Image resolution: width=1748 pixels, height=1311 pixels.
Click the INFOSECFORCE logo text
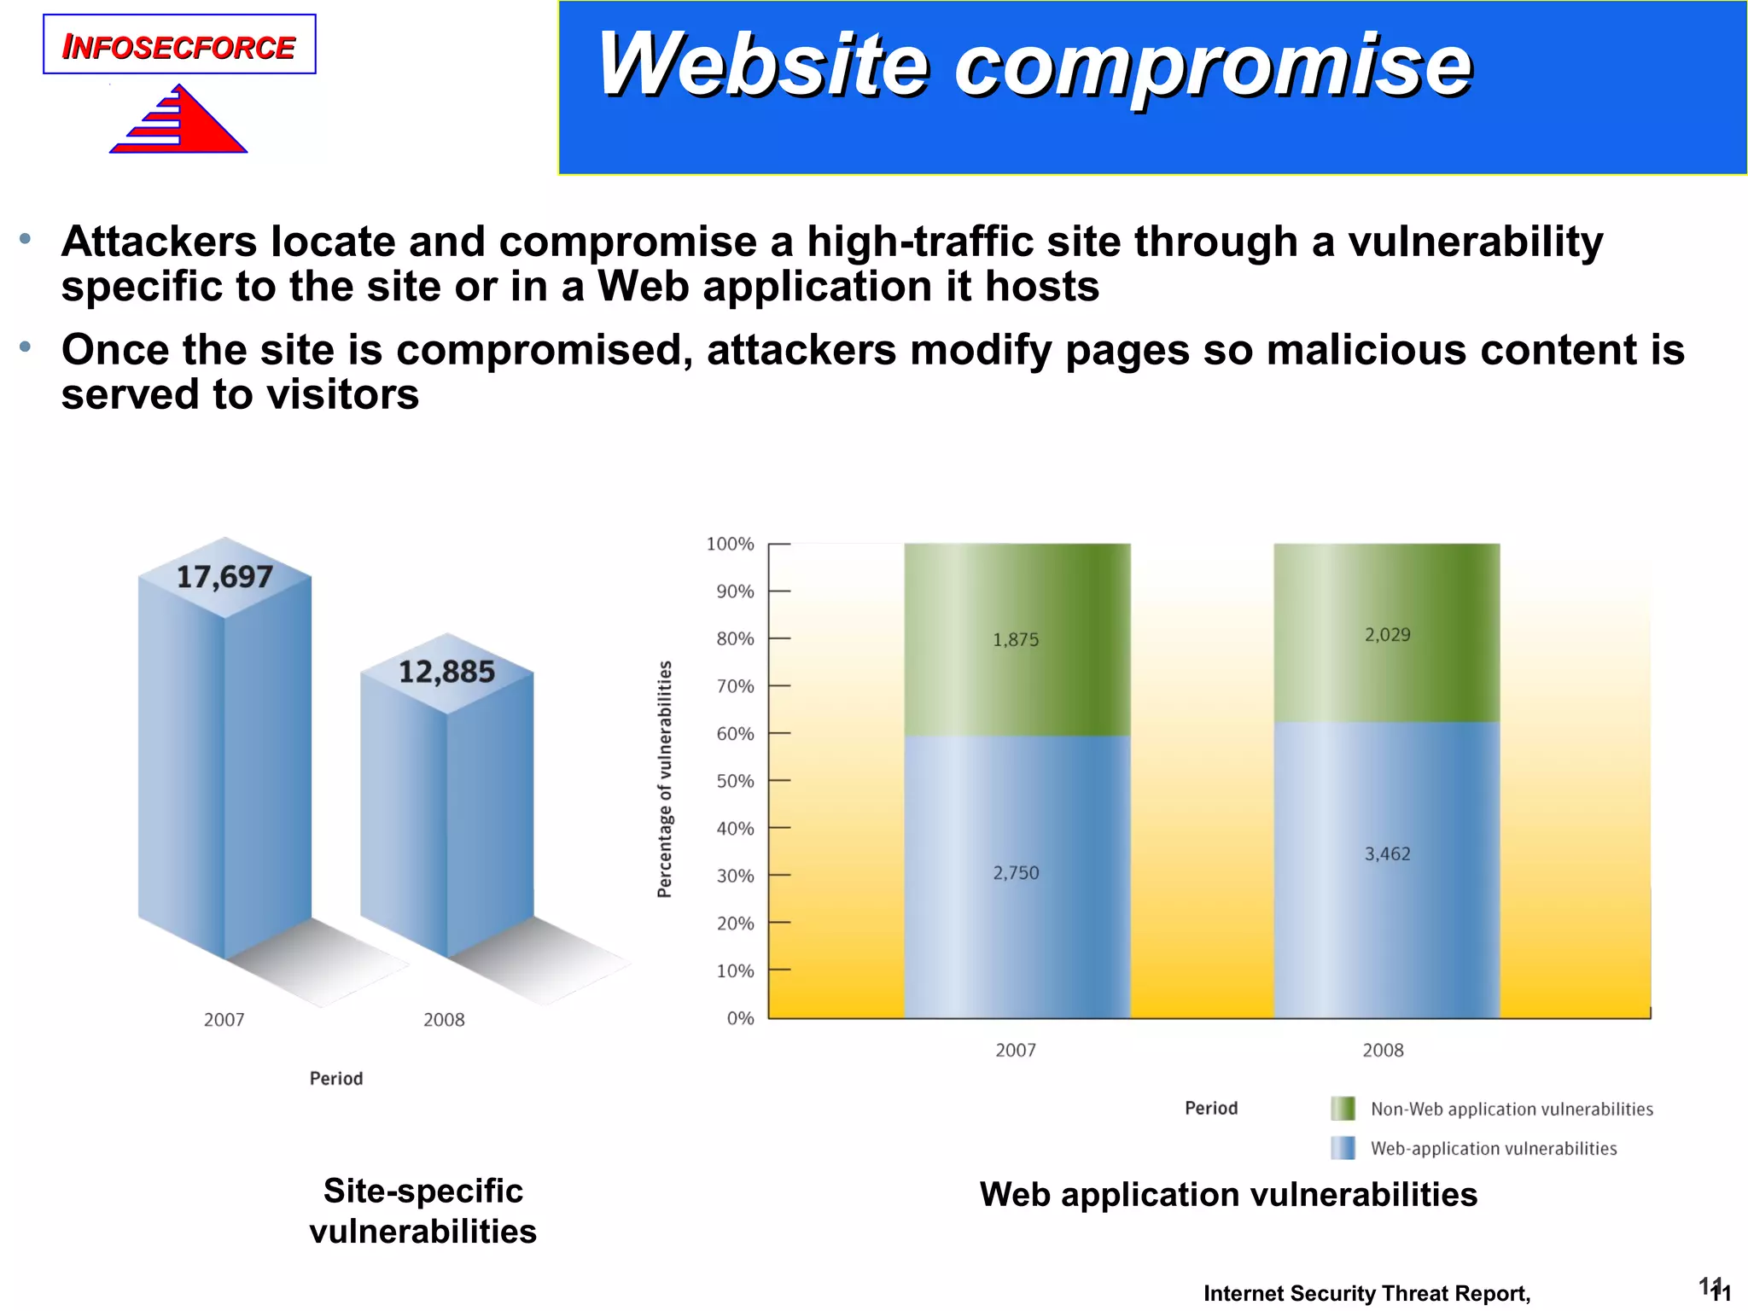179,47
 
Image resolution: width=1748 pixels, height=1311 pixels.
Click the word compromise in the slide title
1212,67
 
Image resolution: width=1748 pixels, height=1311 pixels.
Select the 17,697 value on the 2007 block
224,578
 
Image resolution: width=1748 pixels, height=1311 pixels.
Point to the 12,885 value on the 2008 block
446,673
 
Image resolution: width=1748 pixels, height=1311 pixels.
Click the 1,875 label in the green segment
1016,640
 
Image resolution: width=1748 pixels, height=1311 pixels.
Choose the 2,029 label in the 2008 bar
1387,635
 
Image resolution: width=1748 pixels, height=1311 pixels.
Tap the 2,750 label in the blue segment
1016,873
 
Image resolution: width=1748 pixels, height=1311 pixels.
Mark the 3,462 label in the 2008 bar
1387,854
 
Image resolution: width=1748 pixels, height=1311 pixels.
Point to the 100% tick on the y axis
731,545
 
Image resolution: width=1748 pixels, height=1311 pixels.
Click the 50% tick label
735,781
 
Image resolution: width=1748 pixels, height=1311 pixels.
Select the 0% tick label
740,1018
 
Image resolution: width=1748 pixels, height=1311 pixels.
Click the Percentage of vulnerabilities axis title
665,779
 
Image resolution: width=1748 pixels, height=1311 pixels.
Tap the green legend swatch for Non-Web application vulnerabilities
1343,1109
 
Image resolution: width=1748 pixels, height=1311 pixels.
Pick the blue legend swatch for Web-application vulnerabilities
1343,1148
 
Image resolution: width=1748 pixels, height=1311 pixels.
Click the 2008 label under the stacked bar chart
1383,1051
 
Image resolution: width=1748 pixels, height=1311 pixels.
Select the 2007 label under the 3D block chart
224,1020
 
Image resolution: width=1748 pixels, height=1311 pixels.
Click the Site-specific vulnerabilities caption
422,1211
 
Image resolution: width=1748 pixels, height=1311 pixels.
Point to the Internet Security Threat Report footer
1366,1294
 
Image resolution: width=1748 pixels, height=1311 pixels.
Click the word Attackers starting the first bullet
159,242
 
